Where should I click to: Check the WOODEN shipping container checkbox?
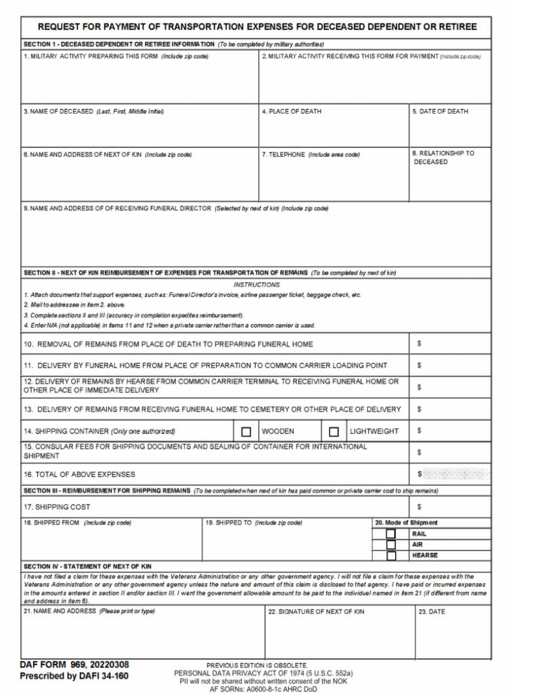pos(246,431)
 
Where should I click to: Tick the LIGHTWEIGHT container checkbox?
pos(334,431)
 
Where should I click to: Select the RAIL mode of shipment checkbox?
pos(391,534)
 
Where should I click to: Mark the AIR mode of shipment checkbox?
pos(391,545)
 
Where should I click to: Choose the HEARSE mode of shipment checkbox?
pos(391,556)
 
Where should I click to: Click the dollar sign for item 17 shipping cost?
pos(420,507)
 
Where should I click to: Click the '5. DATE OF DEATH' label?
pos(440,112)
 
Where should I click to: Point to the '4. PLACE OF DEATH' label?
pos(292,112)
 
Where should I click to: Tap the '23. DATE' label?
pos(432,612)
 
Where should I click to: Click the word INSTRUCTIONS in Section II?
pos(256,285)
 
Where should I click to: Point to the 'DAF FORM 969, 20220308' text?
pos(74,665)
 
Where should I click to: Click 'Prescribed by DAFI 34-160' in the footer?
pos(74,676)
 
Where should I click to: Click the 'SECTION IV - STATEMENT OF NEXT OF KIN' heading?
pos(87,566)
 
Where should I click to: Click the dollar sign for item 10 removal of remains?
pos(420,344)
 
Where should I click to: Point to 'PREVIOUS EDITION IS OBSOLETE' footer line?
pos(257,665)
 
